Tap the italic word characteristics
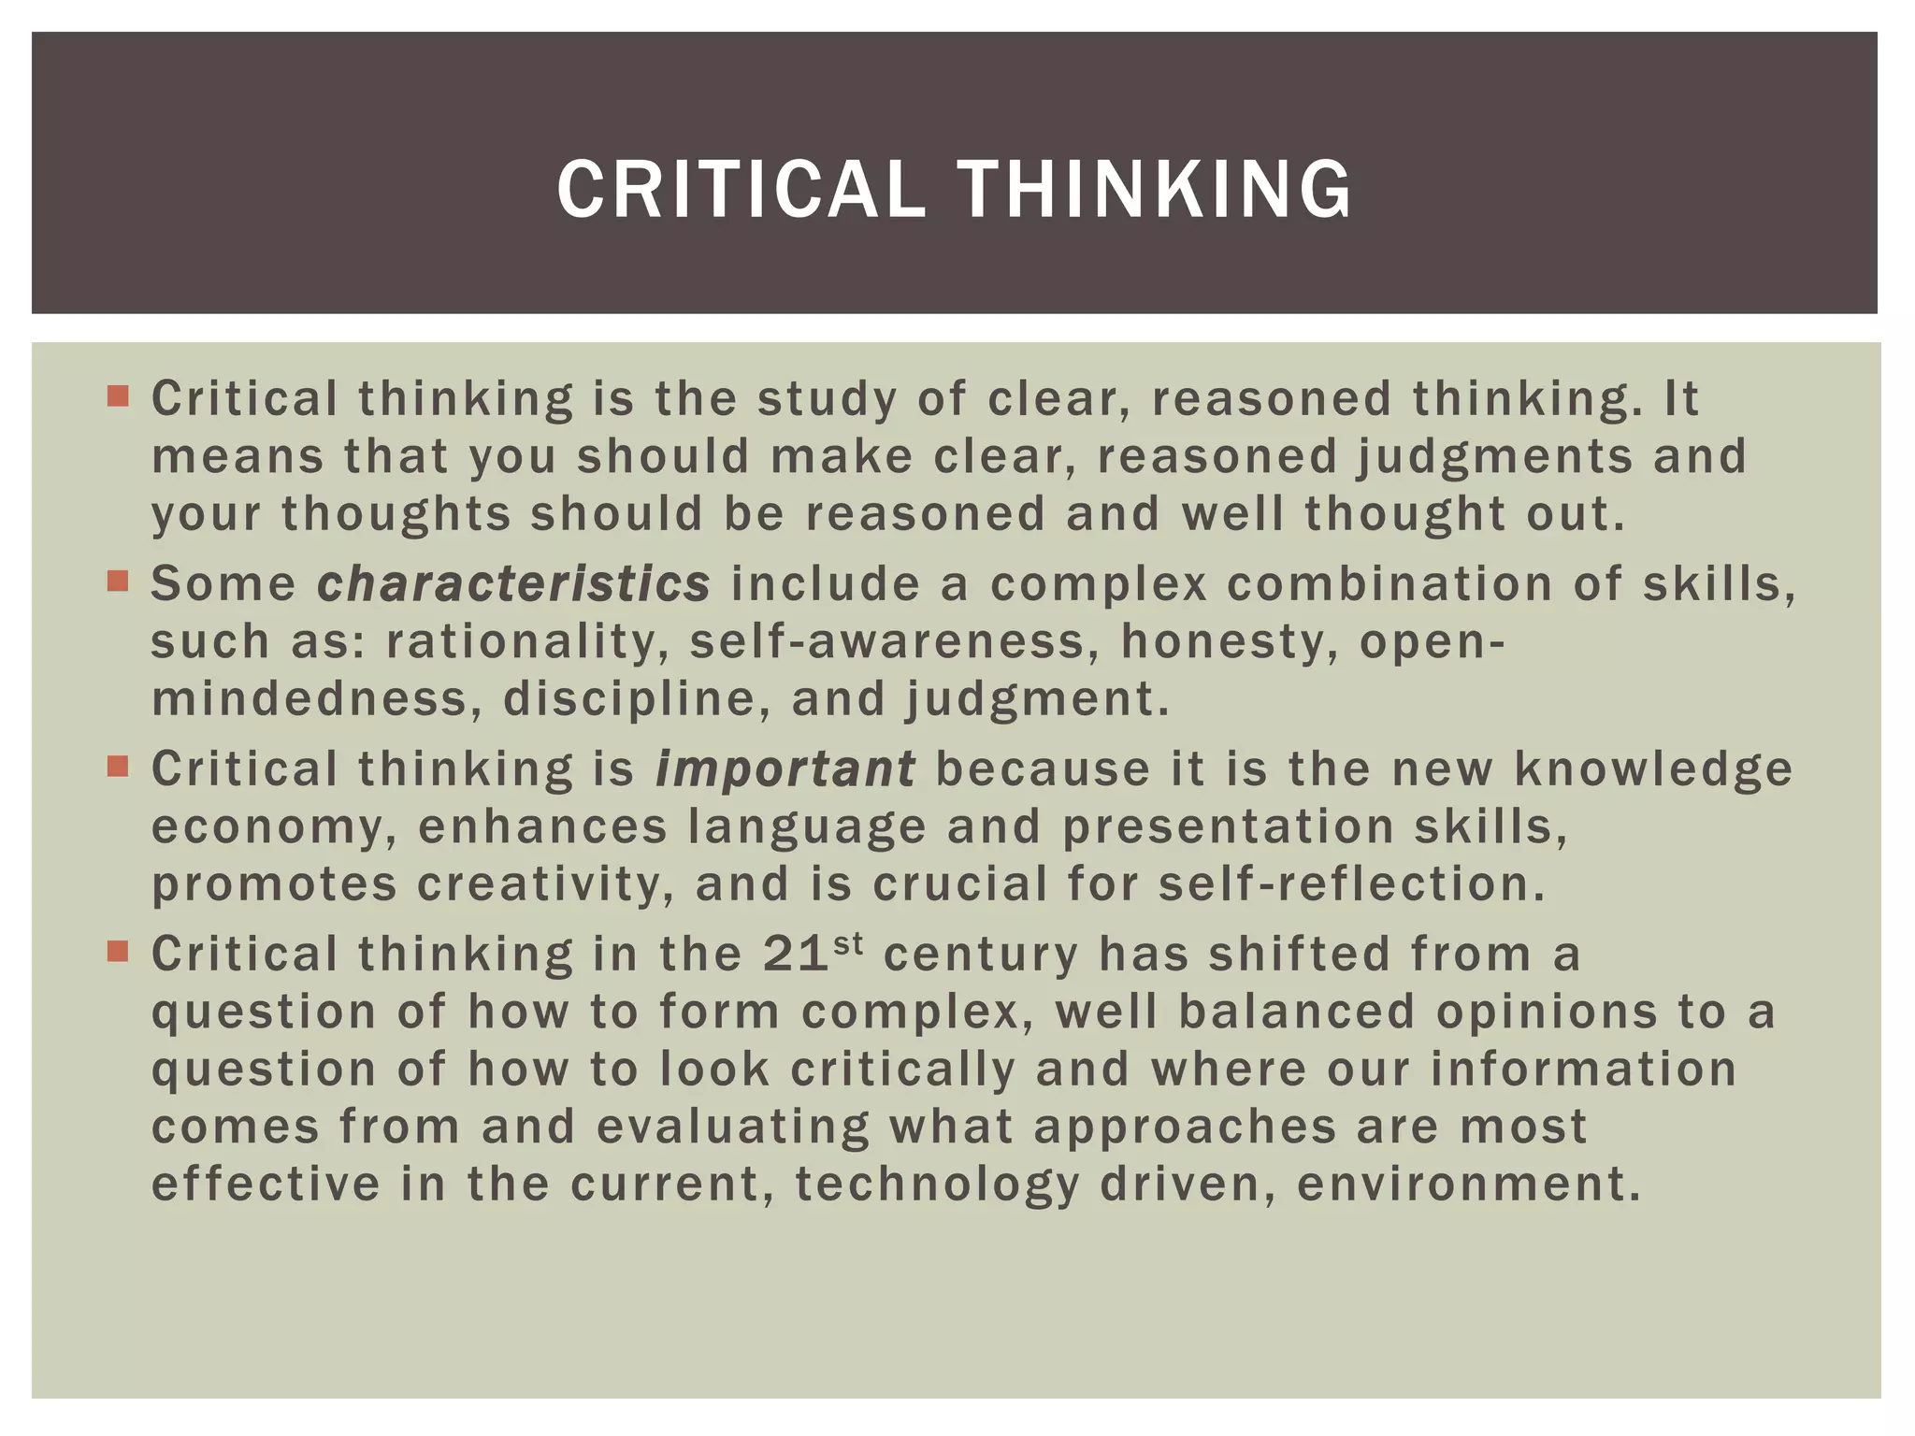click(513, 584)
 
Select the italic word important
click(785, 769)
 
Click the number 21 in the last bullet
click(796, 955)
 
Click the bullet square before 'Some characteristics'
click(117, 582)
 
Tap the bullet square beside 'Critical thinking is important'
click(117, 768)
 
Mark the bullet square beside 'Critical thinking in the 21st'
click(117, 953)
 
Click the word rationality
click(526, 642)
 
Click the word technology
click(938, 1185)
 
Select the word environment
click(1468, 1185)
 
